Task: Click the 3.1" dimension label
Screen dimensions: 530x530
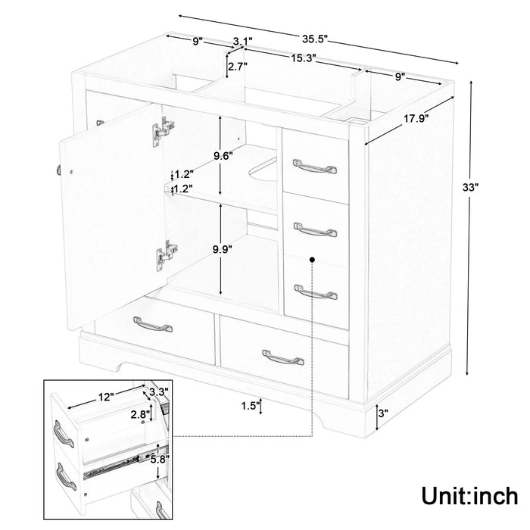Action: (242, 41)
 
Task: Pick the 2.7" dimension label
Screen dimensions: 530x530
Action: (237, 67)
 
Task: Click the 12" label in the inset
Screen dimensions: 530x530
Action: (105, 396)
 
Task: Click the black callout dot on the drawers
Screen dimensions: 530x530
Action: (312, 259)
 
